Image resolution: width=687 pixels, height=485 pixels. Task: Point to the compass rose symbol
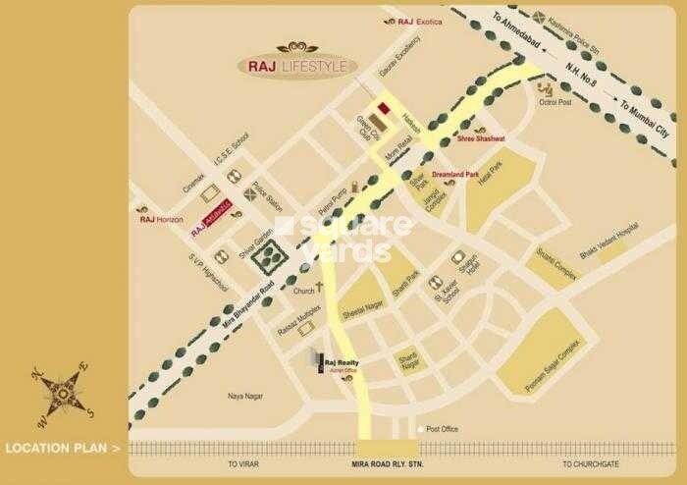click(x=62, y=395)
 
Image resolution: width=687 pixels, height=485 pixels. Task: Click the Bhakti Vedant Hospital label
click(x=608, y=240)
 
